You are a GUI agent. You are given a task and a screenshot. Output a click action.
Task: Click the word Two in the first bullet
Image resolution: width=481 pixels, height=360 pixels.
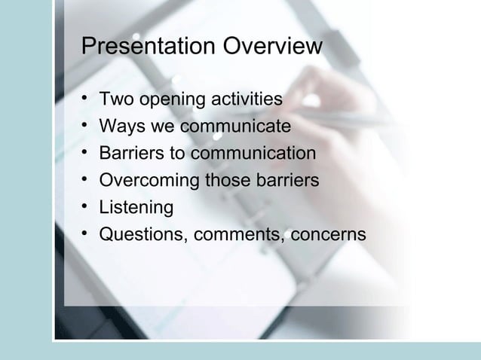pos(116,99)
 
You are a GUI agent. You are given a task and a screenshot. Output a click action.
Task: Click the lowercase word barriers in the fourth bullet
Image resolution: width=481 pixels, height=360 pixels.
pos(287,181)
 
